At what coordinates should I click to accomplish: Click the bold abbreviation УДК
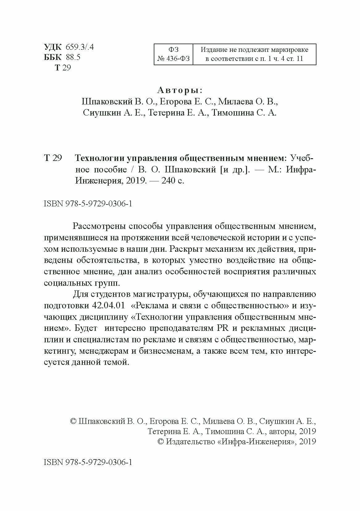53,47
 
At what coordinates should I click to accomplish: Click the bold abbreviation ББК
53,57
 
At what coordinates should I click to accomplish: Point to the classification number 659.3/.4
79,47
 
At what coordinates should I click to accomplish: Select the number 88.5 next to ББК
73,57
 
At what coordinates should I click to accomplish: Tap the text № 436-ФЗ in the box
173,59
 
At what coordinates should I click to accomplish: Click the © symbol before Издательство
161,441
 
